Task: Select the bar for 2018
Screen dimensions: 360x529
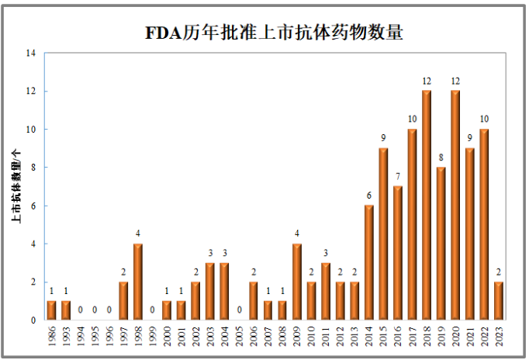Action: (427, 205)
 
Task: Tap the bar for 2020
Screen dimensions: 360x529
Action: (455, 205)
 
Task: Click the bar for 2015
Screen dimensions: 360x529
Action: (383, 234)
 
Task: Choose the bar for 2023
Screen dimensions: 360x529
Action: (499, 300)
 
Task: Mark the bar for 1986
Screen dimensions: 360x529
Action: (52, 310)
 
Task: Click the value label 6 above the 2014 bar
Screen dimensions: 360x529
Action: (369, 196)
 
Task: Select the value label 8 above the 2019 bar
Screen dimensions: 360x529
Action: (441, 158)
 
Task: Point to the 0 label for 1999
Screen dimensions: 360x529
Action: (153, 310)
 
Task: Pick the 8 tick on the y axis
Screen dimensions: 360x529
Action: (33, 168)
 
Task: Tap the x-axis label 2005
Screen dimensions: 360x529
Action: (240, 337)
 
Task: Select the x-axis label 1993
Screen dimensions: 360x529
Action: (67, 337)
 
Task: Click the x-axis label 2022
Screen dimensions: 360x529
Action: (485, 337)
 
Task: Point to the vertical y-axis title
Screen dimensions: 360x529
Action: (16, 186)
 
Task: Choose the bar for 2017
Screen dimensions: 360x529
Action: (413, 224)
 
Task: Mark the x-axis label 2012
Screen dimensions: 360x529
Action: (341, 337)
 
